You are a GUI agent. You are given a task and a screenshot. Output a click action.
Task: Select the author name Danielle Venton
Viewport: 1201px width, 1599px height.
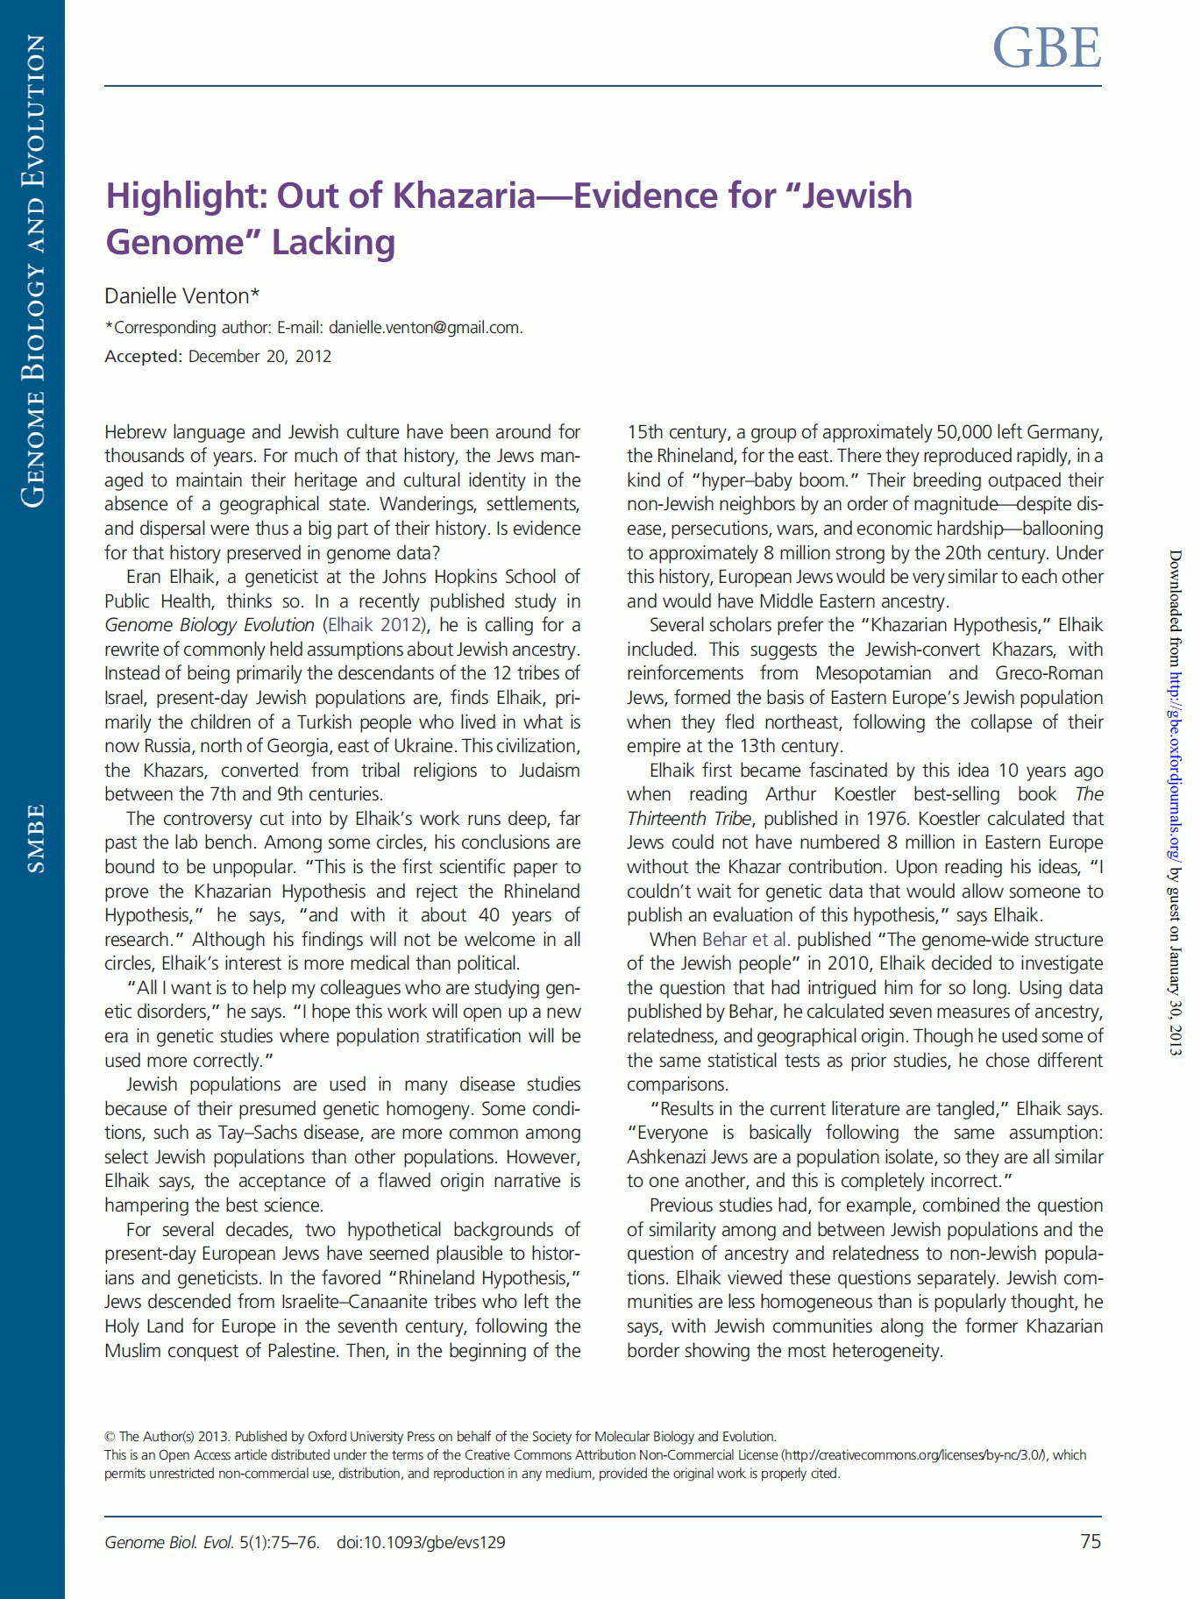(x=178, y=296)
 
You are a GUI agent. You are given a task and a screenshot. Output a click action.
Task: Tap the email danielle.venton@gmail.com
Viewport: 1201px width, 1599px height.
(x=424, y=328)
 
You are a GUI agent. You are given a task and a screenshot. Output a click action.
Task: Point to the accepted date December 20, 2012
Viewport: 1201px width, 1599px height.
(x=259, y=357)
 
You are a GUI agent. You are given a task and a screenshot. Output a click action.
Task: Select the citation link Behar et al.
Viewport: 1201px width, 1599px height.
(x=746, y=939)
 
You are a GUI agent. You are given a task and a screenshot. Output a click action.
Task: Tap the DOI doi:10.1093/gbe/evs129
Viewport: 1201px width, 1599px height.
(x=421, y=1542)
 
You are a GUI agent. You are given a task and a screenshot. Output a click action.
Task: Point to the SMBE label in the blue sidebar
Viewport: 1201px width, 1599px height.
(x=35, y=838)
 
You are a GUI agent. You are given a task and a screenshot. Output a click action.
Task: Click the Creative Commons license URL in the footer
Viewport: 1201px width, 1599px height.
(x=914, y=1455)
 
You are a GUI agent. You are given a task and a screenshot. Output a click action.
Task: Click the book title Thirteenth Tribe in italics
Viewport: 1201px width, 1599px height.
(x=689, y=819)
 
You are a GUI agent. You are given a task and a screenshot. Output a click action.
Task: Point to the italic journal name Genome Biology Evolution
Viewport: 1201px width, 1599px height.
(x=210, y=625)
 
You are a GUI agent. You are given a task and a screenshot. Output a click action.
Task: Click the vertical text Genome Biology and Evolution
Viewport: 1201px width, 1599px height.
(x=33, y=272)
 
